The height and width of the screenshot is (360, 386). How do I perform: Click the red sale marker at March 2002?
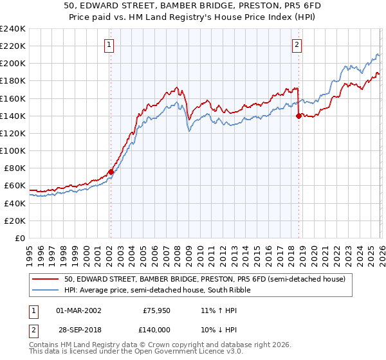111,172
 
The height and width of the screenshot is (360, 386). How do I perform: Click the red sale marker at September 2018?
299,116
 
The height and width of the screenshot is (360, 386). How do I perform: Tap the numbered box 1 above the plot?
109,45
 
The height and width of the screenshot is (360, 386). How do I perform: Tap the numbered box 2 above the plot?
297,45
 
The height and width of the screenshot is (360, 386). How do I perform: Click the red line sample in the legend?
46,279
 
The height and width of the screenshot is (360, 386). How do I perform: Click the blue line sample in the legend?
46,290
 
